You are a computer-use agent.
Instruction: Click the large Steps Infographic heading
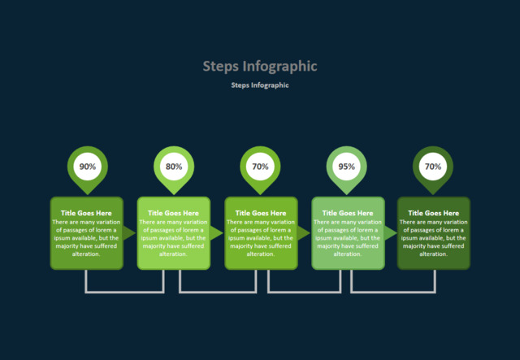pos(260,66)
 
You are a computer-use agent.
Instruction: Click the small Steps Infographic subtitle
pos(260,85)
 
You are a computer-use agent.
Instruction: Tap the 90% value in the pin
pos(87,167)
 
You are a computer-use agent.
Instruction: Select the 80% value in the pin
pos(174,167)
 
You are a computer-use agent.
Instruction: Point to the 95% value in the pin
pos(347,167)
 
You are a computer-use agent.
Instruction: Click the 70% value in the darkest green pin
pos(433,167)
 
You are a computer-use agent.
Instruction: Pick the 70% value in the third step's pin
pos(260,167)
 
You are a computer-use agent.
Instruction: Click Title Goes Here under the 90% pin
pos(86,213)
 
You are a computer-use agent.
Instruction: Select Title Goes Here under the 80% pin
pos(173,213)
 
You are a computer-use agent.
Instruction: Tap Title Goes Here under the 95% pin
pos(348,213)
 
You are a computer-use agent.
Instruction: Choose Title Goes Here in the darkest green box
pos(433,213)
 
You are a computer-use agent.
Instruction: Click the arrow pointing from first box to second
pos(128,233)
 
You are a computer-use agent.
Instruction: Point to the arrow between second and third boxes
pos(216,233)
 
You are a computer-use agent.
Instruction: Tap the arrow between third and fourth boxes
pos(303,233)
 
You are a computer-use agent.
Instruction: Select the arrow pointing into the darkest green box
pos(391,233)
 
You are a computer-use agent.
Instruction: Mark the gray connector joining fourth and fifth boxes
pos(392,291)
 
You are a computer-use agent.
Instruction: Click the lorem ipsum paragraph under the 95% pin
pos(348,237)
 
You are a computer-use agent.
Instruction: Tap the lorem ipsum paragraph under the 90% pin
pos(86,237)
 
